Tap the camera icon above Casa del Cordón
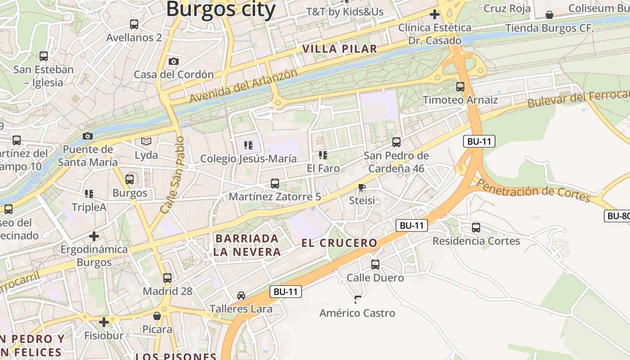174,61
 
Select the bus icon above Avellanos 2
134,24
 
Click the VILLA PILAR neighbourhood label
340,49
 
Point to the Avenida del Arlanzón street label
243,85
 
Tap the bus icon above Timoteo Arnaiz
460,86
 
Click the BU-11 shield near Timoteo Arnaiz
479,141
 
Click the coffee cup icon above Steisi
362,187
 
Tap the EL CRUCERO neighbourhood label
339,243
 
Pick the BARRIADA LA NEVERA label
247,245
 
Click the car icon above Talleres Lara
241,296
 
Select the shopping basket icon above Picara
157,316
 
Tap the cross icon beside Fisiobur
104,322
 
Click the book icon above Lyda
146,142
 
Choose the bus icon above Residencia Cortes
476,228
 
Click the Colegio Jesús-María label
248,158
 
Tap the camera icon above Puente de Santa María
88,136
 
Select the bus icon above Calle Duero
375,265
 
